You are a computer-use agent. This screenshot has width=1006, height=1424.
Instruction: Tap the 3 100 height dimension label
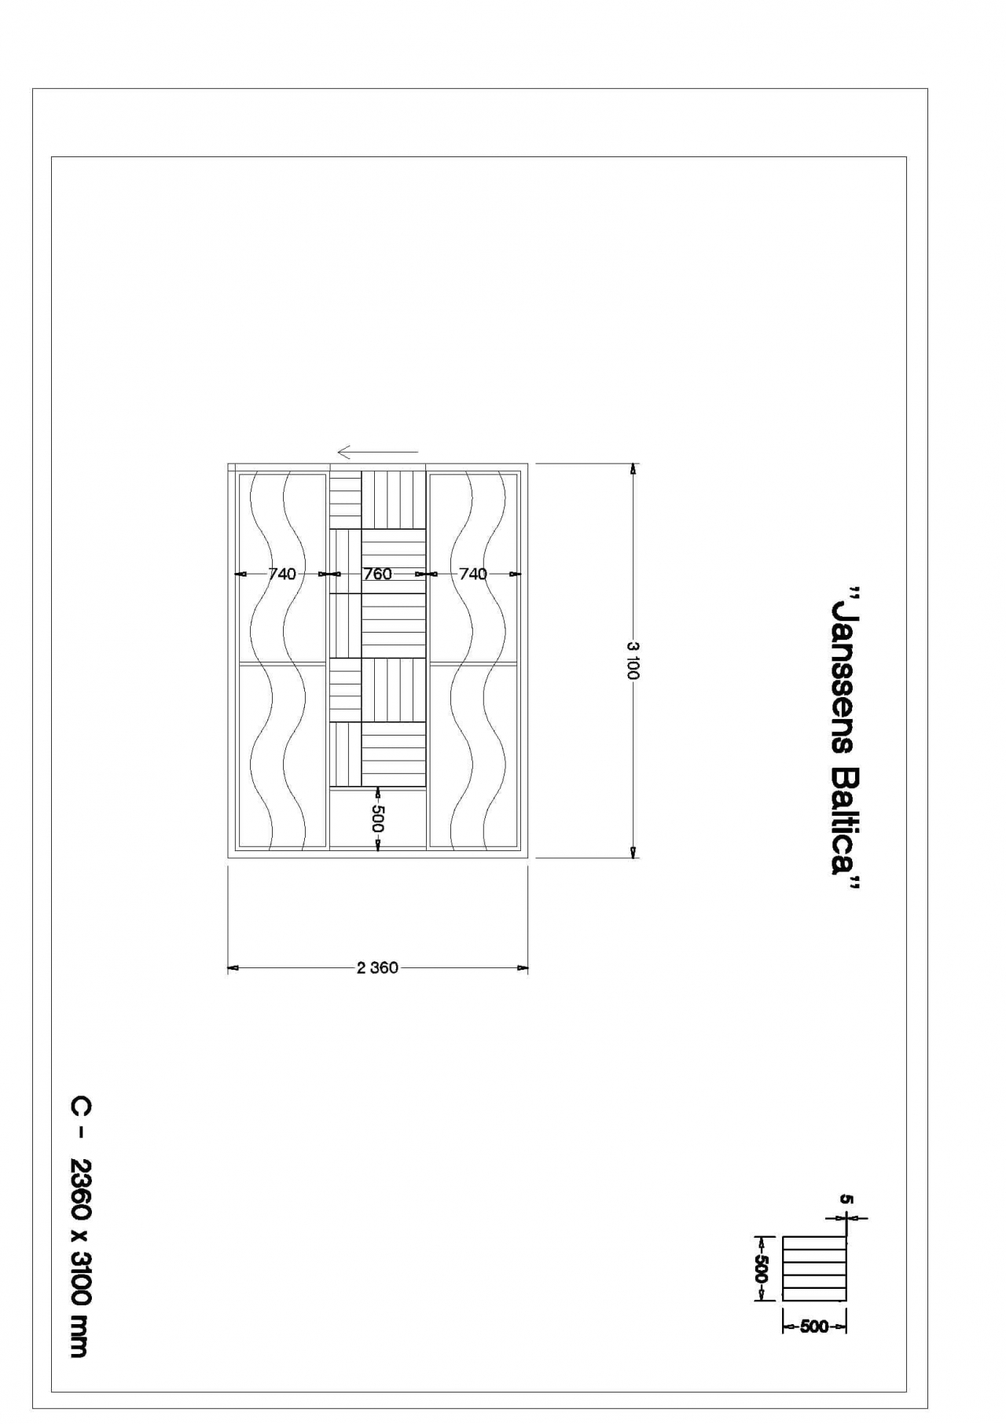[633, 660]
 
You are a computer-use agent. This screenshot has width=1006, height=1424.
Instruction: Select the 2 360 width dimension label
[377, 967]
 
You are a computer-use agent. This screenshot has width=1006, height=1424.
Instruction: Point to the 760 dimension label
[377, 574]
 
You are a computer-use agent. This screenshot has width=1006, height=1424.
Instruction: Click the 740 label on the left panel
[282, 574]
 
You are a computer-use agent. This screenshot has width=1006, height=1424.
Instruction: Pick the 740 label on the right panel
[473, 574]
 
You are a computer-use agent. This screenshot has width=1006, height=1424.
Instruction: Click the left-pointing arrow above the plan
[377, 452]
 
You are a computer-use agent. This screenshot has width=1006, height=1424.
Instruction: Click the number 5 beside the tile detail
[846, 1199]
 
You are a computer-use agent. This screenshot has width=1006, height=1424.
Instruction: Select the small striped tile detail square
[815, 1268]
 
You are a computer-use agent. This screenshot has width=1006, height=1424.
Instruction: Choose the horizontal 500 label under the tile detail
[814, 1327]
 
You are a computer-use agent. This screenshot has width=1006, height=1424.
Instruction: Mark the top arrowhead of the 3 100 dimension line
[633, 469]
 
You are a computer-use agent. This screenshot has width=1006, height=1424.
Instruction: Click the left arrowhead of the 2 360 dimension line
[233, 968]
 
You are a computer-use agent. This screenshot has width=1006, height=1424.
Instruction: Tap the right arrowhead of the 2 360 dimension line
[523, 968]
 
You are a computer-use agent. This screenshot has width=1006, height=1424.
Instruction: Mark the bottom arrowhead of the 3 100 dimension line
[633, 853]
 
